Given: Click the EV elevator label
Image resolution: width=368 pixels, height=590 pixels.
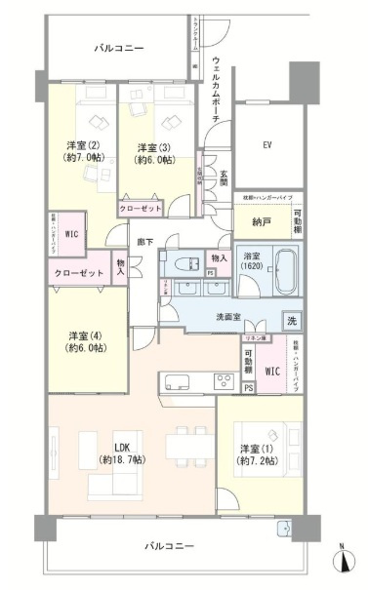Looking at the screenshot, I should [x=267, y=145].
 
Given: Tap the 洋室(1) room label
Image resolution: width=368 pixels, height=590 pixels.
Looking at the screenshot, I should [x=258, y=453].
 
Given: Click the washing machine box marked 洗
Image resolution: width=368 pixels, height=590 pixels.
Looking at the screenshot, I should [x=291, y=320].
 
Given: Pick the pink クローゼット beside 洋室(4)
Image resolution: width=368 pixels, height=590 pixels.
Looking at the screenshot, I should [x=80, y=274].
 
